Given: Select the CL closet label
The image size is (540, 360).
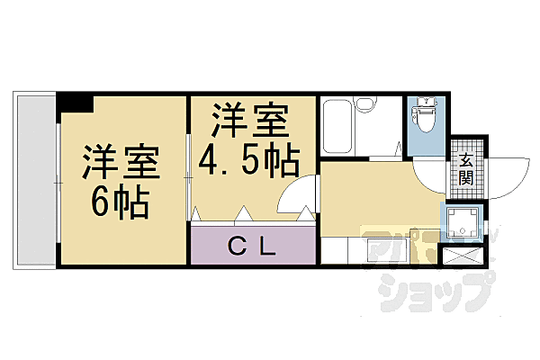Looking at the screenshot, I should [251, 245].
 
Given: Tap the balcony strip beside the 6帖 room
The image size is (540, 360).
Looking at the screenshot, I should [36, 179].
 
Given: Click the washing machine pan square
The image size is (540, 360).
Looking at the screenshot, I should [462, 225].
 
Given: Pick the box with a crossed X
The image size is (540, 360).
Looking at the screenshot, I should [463, 256].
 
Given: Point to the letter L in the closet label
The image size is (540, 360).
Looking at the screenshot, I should [266, 245].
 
